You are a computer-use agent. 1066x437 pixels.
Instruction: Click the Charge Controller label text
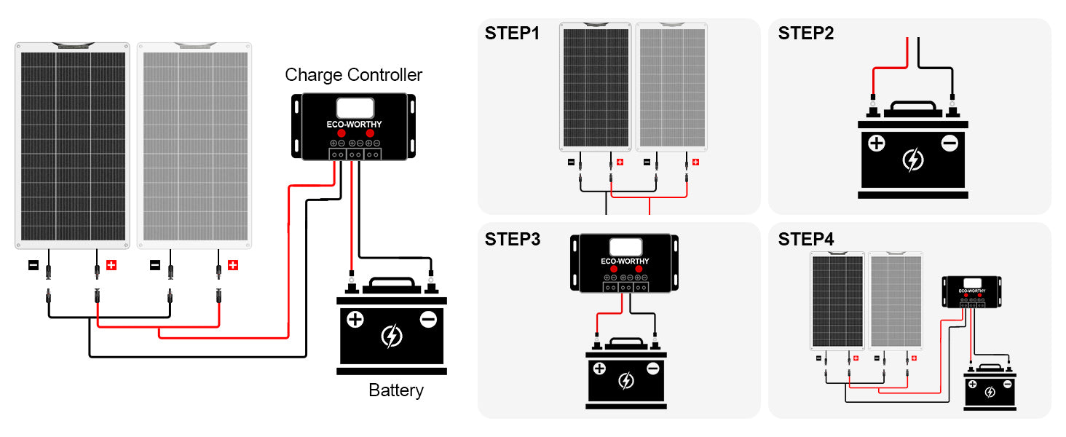coord(353,75)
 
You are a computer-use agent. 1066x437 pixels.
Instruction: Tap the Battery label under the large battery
coord(395,390)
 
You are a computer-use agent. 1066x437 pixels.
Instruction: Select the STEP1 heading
coord(513,34)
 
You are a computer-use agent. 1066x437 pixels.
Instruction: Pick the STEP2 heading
coord(806,34)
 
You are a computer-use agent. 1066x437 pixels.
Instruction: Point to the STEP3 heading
coord(513,240)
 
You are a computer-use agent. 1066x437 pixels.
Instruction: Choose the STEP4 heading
coord(806,240)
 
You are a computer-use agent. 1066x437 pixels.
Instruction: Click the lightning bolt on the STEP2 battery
coord(912,160)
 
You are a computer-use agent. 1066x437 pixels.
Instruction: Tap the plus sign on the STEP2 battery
coord(877,143)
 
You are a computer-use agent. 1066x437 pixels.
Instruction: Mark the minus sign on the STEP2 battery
coord(949,143)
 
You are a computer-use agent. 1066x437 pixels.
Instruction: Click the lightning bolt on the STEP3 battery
coord(625,380)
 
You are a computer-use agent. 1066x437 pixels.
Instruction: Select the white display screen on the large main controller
coord(355,109)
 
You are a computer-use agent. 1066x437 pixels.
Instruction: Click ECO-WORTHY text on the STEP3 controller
coord(625,261)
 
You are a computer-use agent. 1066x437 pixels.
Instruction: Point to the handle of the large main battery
coord(391,284)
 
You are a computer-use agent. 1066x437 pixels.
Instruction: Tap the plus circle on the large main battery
coord(355,319)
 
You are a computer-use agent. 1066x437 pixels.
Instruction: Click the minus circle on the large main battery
coord(428,319)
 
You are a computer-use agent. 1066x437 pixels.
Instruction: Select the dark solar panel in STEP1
coord(596,87)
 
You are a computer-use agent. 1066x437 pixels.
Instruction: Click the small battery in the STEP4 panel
coord(990,388)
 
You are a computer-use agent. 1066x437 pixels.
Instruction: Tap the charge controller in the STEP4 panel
coord(971,291)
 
